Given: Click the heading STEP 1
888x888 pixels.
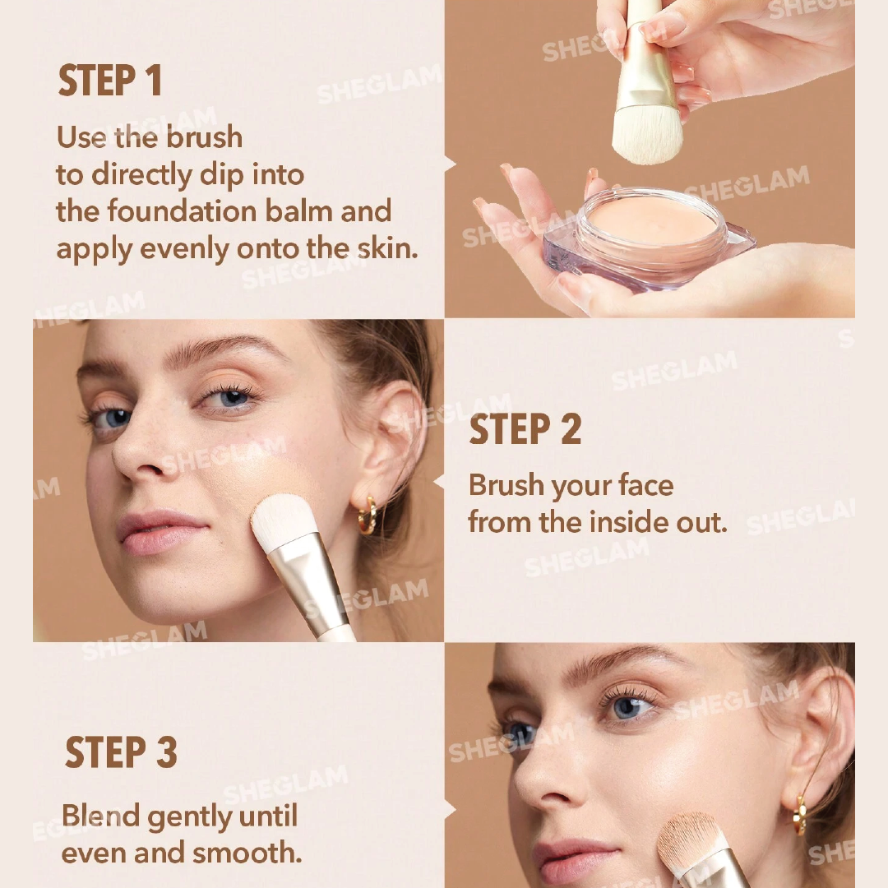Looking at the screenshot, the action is click(x=110, y=81).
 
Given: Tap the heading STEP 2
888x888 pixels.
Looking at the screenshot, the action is click(x=525, y=429).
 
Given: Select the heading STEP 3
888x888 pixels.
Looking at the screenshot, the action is click(x=121, y=752).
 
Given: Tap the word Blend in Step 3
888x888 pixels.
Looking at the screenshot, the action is click(x=101, y=816).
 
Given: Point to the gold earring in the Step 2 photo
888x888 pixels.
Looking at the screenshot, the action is click(x=368, y=515).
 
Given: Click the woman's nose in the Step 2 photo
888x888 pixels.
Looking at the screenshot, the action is click(x=136, y=448).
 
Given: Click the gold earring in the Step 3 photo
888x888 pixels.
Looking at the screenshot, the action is click(x=800, y=815).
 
